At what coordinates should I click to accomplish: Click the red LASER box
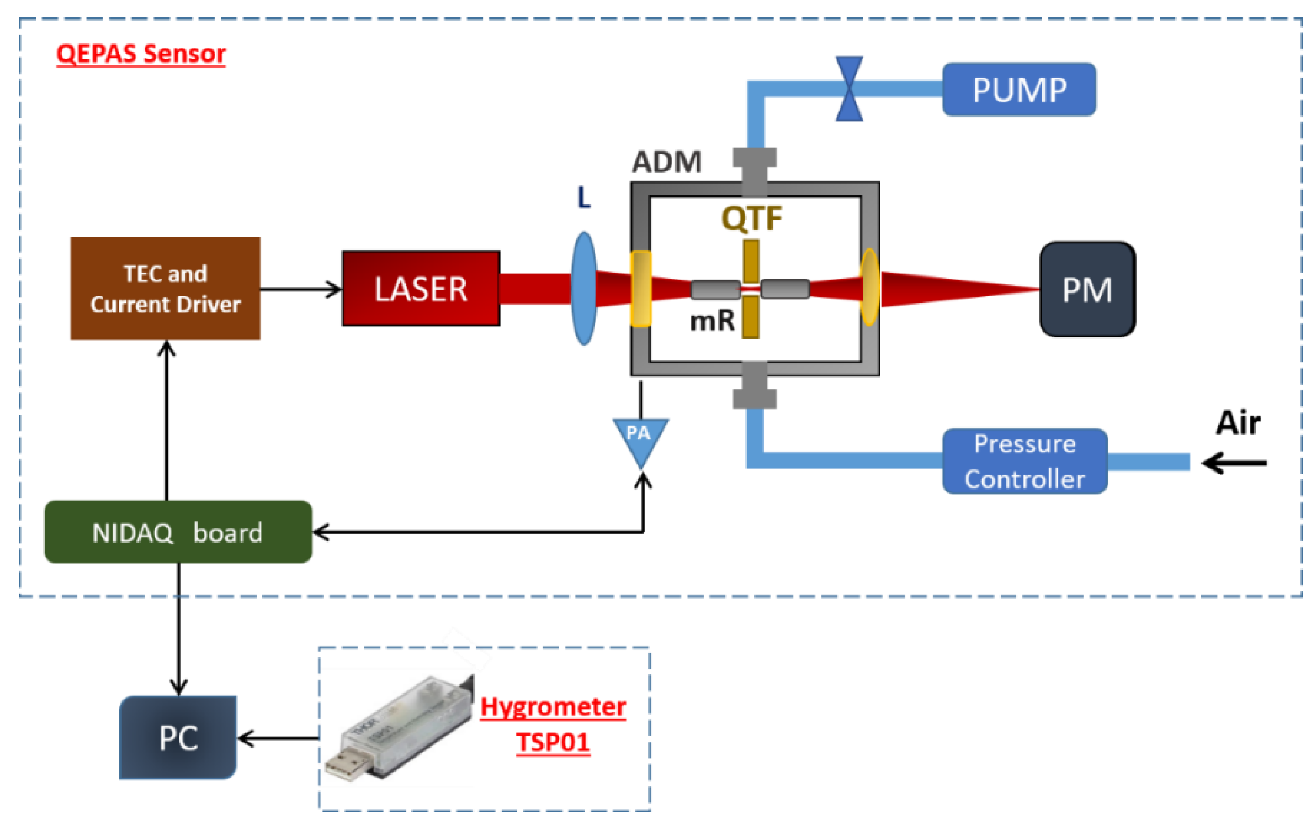[x=420, y=288]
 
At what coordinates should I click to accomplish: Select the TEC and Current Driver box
[x=165, y=288]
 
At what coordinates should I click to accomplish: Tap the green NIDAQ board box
[x=178, y=531]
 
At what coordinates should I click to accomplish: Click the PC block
[x=178, y=737]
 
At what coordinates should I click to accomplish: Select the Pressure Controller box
[x=1024, y=461]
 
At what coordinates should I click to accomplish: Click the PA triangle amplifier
[x=640, y=437]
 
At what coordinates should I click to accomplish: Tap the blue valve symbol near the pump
[x=849, y=88]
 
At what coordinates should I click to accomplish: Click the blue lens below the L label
[x=584, y=288]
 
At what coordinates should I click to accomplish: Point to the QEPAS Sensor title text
[x=141, y=54]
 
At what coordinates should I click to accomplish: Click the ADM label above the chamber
[x=666, y=162]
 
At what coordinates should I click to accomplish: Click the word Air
[x=1238, y=422]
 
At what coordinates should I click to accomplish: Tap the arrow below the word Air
[x=1234, y=463]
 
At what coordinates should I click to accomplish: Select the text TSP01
[x=552, y=742]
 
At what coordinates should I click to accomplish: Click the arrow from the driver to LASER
[x=301, y=289]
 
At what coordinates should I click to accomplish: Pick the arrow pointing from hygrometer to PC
[x=278, y=739]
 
